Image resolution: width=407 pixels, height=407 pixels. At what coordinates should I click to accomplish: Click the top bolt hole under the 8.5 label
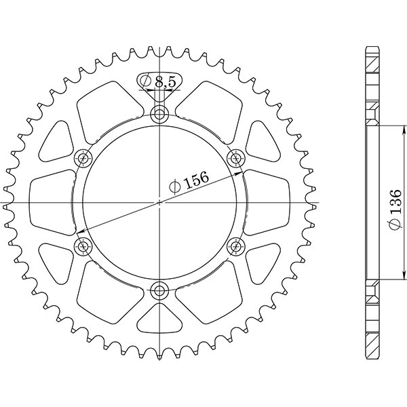pyautogui.click(x=160, y=113)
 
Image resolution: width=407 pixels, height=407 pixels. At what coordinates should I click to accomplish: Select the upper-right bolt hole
pyautogui.click(x=237, y=158)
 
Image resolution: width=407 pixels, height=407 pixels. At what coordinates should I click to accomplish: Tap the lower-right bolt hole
pyautogui.click(x=237, y=245)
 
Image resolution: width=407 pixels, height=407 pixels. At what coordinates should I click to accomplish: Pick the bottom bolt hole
pyautogui.click(x=160, y=291)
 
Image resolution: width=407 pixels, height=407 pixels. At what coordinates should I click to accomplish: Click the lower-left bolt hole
pyautogui.click(x=83, y=245)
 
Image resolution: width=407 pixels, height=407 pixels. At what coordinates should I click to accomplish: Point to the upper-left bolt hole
pyautogui.click(x=83, y=158)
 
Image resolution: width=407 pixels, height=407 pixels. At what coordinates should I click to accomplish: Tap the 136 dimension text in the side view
pyautogui.click(x=395, y=202)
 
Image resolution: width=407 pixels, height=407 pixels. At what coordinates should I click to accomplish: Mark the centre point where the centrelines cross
pyautogui.click(x=160, y=201)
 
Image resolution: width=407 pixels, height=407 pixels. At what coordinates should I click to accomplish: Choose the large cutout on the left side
pyautogui.click(x=52, y=201)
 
